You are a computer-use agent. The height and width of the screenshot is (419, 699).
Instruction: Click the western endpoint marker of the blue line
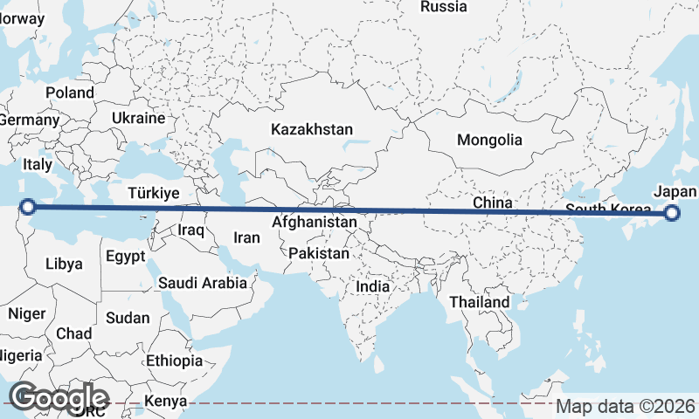tap(28, 207)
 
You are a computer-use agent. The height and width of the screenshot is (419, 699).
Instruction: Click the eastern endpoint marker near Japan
tap(672, 212)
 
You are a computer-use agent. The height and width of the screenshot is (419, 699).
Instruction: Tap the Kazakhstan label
tap(312, 129)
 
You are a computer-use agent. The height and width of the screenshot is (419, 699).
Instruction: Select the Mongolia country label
tap(489, 140)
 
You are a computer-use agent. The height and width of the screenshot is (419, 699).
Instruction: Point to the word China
tap(492, 203)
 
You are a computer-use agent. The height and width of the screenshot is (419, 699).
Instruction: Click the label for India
tap(373, 286)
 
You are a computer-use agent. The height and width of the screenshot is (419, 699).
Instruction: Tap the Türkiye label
tap(153, 193)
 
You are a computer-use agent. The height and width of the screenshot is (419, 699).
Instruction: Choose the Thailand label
tap(479, 302)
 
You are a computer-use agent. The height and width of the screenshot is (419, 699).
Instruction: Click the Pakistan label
tap(319, 254)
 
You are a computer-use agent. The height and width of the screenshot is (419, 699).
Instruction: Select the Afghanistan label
tap(314, 223)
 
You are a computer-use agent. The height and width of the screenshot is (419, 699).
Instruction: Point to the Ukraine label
tap(138, 118)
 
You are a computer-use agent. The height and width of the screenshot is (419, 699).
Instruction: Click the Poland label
tap(70, 93)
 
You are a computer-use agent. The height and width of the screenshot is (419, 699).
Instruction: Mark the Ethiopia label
tap(174, 360)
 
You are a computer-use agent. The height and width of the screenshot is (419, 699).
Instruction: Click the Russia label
tap(444, 7)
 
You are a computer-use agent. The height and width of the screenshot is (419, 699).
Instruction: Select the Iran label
tap(246, 237)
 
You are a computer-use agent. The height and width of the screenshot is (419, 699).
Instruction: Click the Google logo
tap(59, 397)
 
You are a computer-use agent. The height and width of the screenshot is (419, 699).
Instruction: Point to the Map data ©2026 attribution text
tap(626, 406)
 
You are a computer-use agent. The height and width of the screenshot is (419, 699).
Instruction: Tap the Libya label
tap(64, 264)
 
